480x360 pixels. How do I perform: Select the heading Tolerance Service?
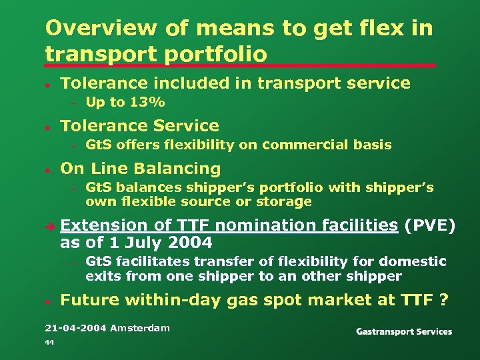pyautogui.click(x=139, y=126)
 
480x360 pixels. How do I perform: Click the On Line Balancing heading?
pyautogui.click(x=140, y=169)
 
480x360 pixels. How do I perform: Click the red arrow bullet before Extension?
pyautogui.click(x=49, y=225)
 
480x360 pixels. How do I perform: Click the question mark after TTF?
pyautogui.click(x=443, y=300)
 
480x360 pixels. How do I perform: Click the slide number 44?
pyautogui.click(x=49, y=342)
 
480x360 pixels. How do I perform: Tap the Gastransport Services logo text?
pyautogui.click(x=404, y=331)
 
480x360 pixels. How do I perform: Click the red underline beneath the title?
pyautogui.click(x=240, y=65)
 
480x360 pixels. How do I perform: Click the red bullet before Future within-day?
pyautogui.click(x=48, y=301)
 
